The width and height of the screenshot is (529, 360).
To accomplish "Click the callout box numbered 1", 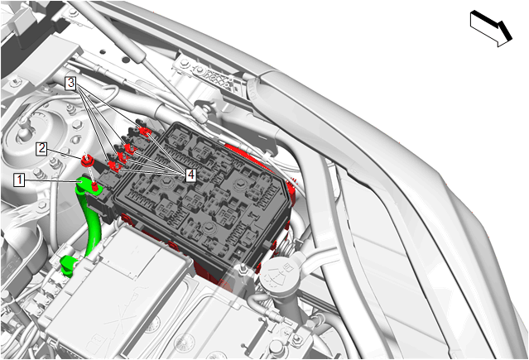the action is click(x=19, y=180).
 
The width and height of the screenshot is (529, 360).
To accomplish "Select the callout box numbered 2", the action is click(x=42, y=148).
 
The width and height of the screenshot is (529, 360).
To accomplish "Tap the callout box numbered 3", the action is click(x=70, y=82).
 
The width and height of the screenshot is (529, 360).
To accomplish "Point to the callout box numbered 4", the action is click(x=190, y=175).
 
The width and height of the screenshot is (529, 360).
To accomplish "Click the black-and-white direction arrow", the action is click(x=491, y=28).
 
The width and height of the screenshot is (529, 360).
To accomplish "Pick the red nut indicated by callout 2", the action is click(x=87, y=161).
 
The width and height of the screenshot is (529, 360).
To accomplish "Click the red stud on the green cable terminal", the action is click(x=95, y=185).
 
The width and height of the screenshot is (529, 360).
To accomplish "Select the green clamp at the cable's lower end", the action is click(x=68, y=266).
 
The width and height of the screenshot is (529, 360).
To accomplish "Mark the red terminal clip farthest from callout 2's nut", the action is click(x=145, y=131).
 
